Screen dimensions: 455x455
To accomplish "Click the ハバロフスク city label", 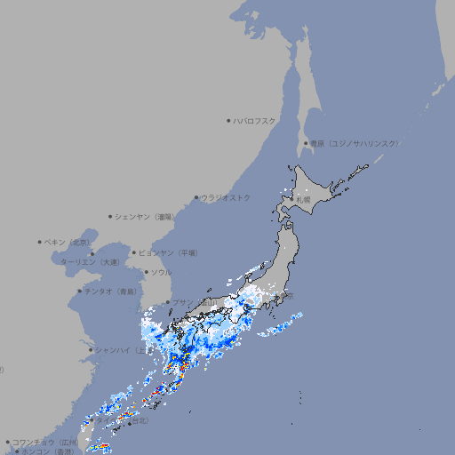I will coord(255,121).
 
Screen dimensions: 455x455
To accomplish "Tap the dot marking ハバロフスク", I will coord(228,121).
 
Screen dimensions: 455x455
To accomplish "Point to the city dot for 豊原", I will coord(306,143).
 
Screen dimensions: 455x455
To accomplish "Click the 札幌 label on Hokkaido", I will coord(304,200).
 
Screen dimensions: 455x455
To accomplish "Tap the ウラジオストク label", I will coord(226,198).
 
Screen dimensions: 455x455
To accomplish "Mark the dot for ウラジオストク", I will coord(196,198).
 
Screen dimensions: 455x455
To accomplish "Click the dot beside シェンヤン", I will coord(110,216).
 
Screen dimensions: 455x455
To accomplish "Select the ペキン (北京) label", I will coord(69,242).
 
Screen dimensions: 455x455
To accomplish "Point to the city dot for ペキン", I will coord(40,242).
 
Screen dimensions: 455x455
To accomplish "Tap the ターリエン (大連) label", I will coord(90,262).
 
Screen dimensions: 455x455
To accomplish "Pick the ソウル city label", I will coord(161,272).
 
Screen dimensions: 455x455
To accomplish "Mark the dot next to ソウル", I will coord(146,272).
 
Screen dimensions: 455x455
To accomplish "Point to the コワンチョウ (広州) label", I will coord(45,442).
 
